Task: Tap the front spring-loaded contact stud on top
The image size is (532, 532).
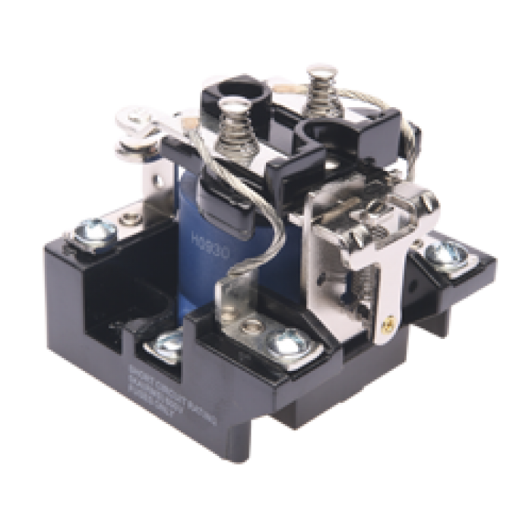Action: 233,129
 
